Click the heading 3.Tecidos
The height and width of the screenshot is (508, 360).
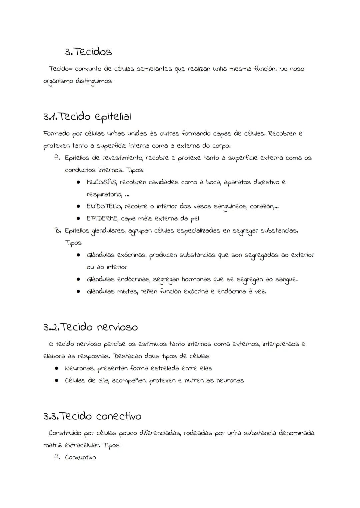point(88,52)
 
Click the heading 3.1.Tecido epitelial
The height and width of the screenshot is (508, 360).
point(87,117)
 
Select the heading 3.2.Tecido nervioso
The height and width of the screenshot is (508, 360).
point(90,327)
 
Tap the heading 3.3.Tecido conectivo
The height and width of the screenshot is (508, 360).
point(92,416)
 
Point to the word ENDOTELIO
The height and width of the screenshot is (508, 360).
point(104,207)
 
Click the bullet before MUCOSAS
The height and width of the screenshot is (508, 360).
point(78,182)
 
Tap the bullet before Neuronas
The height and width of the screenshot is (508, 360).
point(57,368)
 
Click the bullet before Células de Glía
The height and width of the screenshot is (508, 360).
point(57,380)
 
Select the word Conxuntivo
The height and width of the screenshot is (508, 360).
point(80,457)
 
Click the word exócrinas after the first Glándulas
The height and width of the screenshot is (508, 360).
point(131,255)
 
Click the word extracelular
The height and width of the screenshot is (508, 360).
point(82,445)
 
